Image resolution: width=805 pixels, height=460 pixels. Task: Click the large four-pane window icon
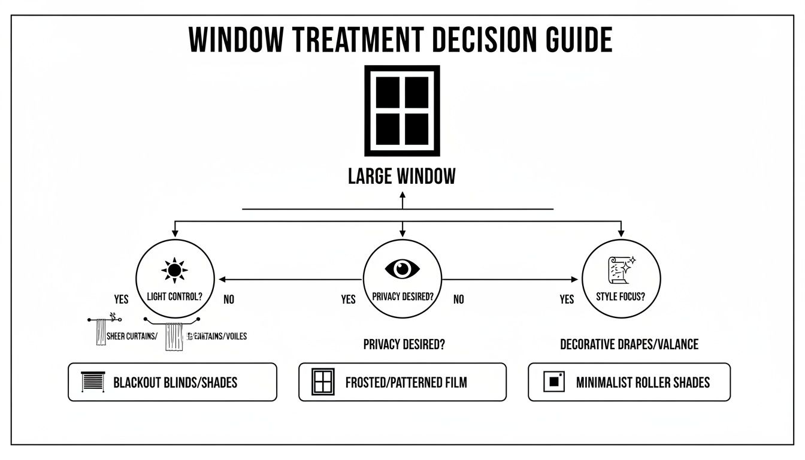coord(402,111)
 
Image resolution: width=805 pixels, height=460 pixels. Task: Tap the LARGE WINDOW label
coord(402,176)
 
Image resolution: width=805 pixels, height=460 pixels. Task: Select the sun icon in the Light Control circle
coord(174,271)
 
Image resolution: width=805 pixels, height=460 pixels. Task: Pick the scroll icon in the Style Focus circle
coord(621,270)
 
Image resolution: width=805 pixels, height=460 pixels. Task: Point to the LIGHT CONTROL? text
coord(174,296)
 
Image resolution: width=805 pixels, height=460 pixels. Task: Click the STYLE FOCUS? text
coord(621,296)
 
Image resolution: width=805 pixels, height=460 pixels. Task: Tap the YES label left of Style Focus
coord(567,299)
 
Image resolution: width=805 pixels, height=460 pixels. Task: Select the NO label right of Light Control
coord(229,299)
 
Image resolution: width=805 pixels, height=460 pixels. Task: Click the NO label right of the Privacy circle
coord(458,299)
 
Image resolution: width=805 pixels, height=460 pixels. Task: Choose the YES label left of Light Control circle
coord(121,299)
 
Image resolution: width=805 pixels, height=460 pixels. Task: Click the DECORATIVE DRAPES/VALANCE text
coord(629,344)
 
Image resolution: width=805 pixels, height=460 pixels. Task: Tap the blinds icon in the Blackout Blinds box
coord(92,382)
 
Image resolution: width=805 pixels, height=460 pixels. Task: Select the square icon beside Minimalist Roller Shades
coord(553,382)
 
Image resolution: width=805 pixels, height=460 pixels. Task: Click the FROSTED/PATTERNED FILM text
coord(406,382)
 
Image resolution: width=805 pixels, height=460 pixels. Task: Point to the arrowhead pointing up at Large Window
coord(402,195)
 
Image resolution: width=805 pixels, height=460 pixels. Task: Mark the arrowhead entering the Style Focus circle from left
coord(576,279)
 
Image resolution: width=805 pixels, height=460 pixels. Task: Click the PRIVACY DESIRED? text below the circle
coord(404,344)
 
